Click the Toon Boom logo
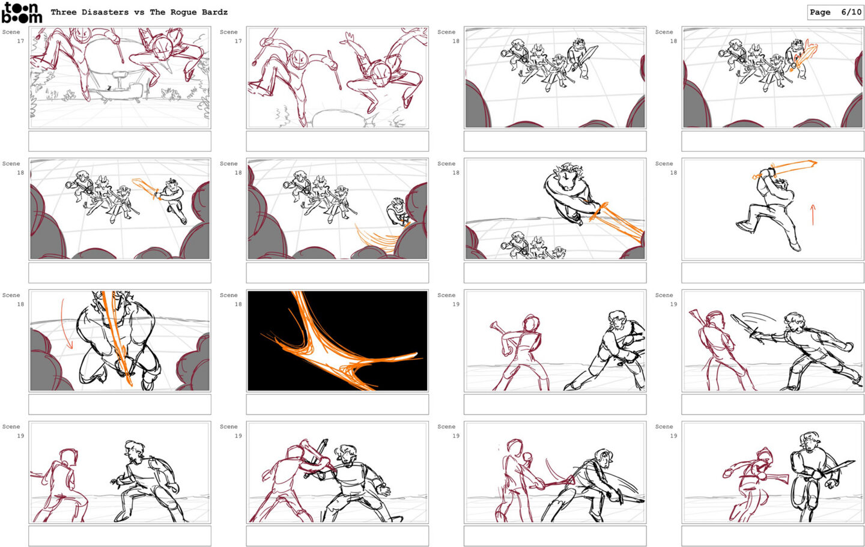tap(22, 13)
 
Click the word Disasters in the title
tap(105, 12)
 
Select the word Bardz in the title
tap(214, 12)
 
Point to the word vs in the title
tap(139, 13)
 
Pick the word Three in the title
tap(63, 12)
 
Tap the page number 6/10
tap(851, 12)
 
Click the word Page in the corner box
tap(820, 13)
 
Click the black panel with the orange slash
tap(338, 341)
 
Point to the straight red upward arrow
tap(813, 214)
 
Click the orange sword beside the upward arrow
tap(785, 169)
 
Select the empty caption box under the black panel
tap(338, 404)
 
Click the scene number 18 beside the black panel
tap(238, 304)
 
